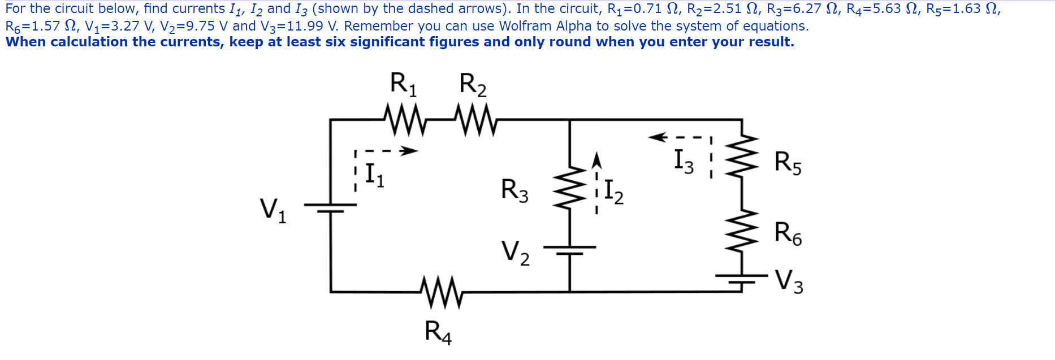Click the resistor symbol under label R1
point(405,119)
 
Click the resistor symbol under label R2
point(475,119)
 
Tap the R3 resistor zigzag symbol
point(569,186)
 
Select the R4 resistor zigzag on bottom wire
point(442,292)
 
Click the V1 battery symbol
point(331,207)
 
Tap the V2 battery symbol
point(569,250)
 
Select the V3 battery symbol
point(741,278)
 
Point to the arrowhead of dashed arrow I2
point(596,161)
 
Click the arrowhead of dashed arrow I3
point(656,137)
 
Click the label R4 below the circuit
point(438,332)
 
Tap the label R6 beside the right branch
point(788,233)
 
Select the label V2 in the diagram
point(515,253)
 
